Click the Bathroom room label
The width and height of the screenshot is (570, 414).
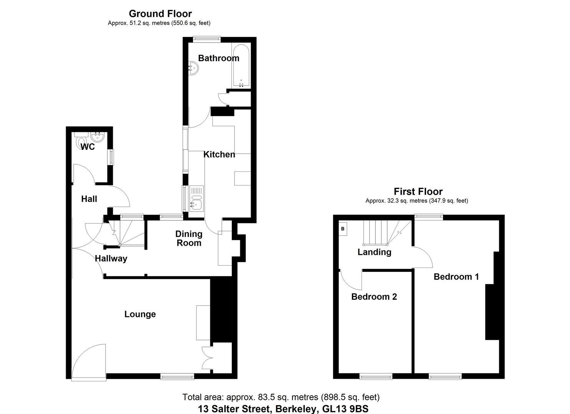coord(218,58)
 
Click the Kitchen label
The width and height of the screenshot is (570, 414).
coord(219,154)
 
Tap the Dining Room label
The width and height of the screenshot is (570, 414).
coord(189,238)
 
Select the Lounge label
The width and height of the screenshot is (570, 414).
coord(140,314)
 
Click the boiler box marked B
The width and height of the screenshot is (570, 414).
coord(343,229)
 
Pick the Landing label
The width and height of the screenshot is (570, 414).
coord(374,252)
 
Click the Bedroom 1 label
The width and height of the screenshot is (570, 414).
coord(456,277)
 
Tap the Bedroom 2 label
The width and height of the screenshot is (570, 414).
coord(374,297)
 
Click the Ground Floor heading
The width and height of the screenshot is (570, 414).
coord(160,14)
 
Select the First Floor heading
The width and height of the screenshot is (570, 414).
coord(418,192)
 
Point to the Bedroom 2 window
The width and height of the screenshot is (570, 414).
coord(376,377)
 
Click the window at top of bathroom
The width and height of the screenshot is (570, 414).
coord(207,38)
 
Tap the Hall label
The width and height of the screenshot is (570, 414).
coord(89,199)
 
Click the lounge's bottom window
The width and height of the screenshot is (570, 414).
coord(177,377)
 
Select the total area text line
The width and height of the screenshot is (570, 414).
coord(281,397)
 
